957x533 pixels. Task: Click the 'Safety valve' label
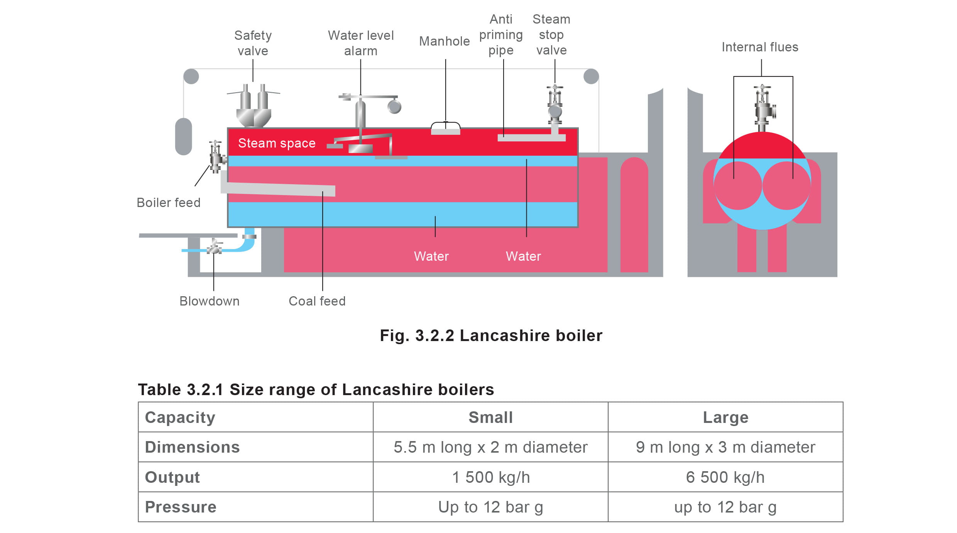tap(253, 43)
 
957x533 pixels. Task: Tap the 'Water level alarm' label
tap(360, 43)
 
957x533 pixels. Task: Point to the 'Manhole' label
tap(444, 41)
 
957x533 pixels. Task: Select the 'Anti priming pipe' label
tap(500, 35)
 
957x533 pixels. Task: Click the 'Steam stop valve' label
tap(551, 35)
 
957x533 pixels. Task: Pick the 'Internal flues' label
tap(759, 47)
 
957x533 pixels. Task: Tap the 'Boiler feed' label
tap(168, 203)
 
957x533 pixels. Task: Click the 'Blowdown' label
tap(209, 301)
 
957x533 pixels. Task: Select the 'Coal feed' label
tap(317, 301)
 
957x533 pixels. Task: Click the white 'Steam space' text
tap(277, 143)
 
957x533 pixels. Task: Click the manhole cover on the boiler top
tap(445, 129)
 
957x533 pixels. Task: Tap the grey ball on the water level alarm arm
tap(394, 107)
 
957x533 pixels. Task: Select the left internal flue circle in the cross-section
tap(737, 186)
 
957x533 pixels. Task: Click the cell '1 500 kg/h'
tap(490, 477)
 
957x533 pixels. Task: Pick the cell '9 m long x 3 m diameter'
tap(725, 447)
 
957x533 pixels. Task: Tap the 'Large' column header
tap(725, 418)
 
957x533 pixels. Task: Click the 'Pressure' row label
tap(181, 507)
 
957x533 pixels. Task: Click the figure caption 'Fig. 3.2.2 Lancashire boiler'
tap(491, 336)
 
